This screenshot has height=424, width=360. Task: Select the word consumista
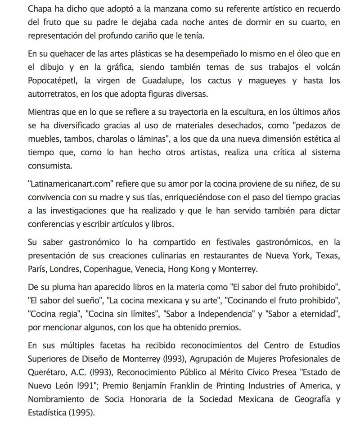click(x=49, y=166)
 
